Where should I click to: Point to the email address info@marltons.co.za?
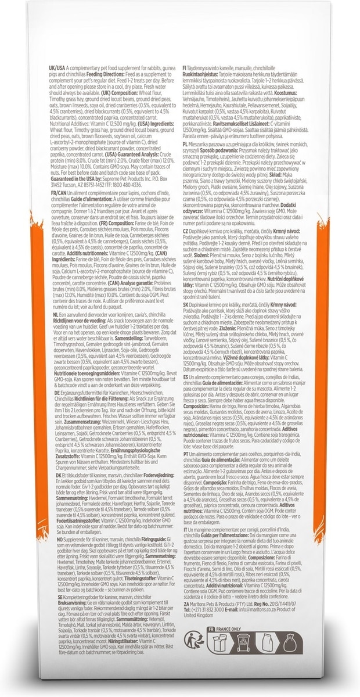coord(257,609)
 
